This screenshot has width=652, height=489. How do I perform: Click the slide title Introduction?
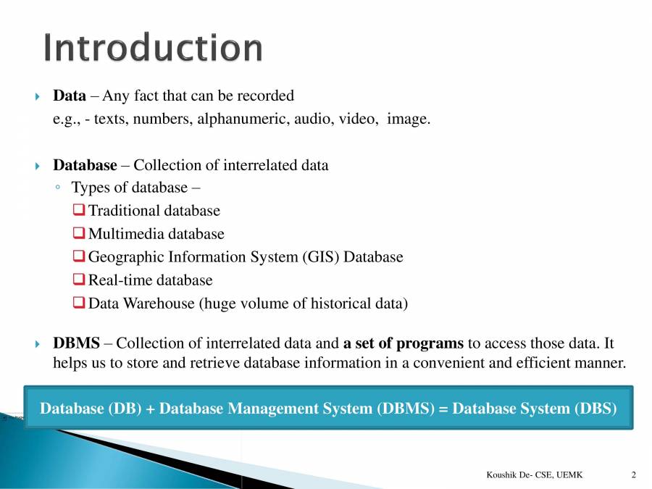153,47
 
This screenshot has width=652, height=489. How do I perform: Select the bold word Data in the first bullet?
70,96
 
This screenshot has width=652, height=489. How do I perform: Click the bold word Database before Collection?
85,165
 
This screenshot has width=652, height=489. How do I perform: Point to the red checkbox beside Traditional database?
79,209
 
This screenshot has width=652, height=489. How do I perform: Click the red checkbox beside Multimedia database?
79,233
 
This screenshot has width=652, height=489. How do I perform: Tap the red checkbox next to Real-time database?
79,279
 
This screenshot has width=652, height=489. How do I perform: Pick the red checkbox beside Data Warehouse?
79,302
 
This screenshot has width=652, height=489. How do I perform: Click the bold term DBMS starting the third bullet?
77,343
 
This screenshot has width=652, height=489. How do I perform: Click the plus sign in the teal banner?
151,409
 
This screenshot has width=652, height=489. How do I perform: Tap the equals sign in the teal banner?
443,409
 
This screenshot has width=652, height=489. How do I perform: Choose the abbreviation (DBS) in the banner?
595,409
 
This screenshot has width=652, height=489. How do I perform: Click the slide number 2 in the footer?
634,475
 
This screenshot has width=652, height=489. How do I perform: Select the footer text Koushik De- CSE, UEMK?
535,475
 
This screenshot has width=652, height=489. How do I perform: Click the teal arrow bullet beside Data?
38,97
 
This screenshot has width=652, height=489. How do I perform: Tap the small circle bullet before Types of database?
58,188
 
